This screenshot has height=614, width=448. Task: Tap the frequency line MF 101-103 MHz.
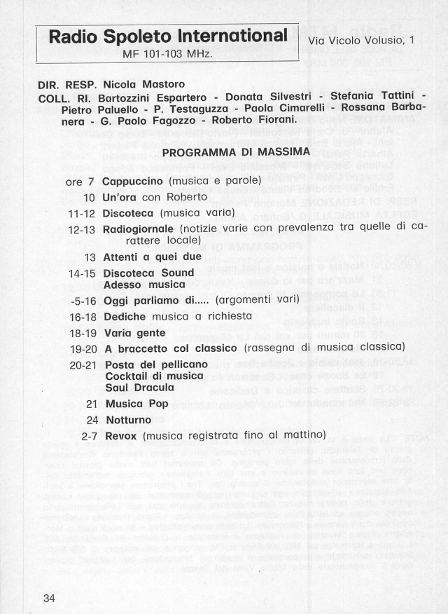coord(168,53)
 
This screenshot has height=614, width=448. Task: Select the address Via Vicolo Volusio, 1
coord(362,41)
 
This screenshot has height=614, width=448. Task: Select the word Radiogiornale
coord(138,228)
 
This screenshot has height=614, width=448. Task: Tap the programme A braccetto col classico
coord(171,348)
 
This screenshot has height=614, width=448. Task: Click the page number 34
coord(49,598)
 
